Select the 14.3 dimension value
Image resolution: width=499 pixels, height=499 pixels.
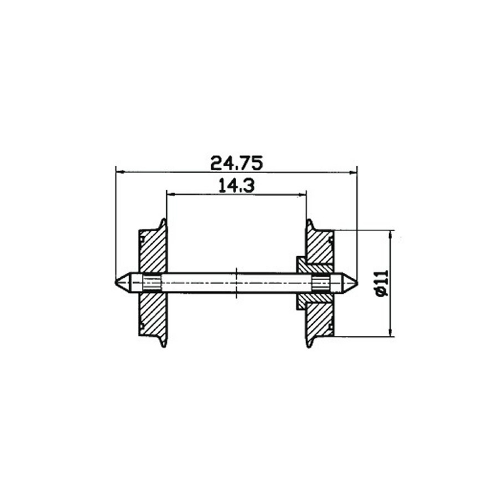236,185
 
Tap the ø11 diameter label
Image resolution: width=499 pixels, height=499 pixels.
381,283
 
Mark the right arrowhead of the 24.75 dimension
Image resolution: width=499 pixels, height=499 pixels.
354,170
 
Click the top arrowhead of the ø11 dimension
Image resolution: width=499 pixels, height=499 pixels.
390,233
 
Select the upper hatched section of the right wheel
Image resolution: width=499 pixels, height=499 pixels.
319,247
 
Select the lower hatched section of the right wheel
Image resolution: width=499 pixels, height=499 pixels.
319,316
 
